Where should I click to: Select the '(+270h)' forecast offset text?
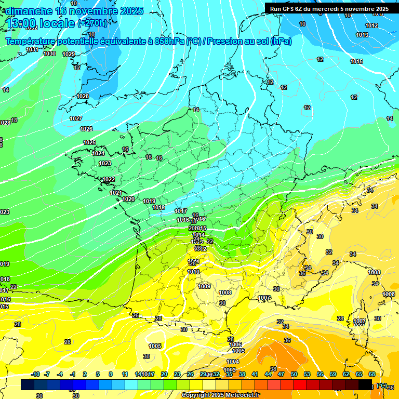click(92, 23)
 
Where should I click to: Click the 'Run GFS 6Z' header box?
click(329, 9)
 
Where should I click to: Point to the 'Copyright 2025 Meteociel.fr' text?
click(220, 395)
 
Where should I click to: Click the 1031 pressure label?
click(32, 49)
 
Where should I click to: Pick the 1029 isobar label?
click(69, 54)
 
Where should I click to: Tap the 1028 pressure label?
click(83, 96)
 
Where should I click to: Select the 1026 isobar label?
click(86, 129)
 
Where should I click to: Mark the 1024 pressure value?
click(98, 153)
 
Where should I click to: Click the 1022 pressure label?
click(109, 179)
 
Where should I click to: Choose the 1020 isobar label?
click(128, 199)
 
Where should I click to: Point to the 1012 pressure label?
click(371, 25)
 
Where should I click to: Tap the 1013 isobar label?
click(362, 35)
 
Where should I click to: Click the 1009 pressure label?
click(204, 286)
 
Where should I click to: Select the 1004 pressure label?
click(233, 362)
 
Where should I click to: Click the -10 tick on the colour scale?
click(35, 374)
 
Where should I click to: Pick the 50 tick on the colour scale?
click(294, 374)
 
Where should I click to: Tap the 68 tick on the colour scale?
click(372, 374)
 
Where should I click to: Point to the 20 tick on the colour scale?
click(164, 374)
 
